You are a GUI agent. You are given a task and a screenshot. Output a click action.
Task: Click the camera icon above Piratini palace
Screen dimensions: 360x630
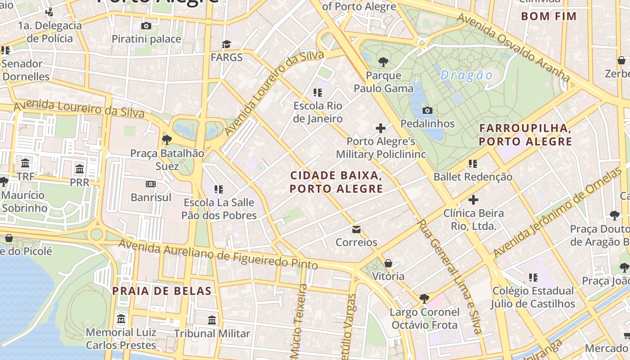click(x=146, y=26)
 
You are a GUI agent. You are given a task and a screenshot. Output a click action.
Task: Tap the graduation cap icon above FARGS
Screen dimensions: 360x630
click(x=226, y=44)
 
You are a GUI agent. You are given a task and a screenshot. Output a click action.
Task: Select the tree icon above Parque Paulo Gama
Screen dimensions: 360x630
click(x=383, y=62)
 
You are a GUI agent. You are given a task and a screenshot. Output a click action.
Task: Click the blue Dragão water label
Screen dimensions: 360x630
click(x=467, y=75)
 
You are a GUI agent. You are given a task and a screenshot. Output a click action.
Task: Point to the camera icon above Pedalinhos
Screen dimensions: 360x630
click(x=427, y=110)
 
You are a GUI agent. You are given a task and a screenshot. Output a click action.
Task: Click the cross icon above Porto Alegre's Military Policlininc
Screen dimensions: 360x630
click(x=381, y=128)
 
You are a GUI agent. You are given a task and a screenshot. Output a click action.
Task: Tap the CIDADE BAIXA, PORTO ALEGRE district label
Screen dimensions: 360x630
click(x=336, y=182)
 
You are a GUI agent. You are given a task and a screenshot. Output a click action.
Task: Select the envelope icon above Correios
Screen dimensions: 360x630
click(x=356, y=229)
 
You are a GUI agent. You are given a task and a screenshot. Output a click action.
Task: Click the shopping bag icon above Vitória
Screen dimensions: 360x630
click(x=388, y=263)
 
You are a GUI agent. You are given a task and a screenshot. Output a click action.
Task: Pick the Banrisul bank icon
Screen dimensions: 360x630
click(x=151, y=184)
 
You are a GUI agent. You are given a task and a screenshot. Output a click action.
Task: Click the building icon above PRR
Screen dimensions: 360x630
click(x=80, y=169)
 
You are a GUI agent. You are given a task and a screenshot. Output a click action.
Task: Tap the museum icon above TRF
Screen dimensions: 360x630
click(x=26, y=163)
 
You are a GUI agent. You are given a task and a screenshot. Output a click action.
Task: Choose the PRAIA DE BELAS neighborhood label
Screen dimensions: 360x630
click(x=162, y=291)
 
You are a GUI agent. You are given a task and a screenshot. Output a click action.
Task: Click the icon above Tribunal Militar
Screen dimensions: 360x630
click(x=212, y=320)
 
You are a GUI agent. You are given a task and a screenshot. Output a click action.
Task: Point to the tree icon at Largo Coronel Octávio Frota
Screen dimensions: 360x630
click(x=424, y=298)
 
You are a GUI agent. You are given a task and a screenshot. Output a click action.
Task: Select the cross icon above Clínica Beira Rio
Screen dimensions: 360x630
click(x=473, y=199)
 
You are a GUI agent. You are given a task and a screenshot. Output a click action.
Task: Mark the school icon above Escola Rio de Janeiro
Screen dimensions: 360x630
click(x=318, y=93)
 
